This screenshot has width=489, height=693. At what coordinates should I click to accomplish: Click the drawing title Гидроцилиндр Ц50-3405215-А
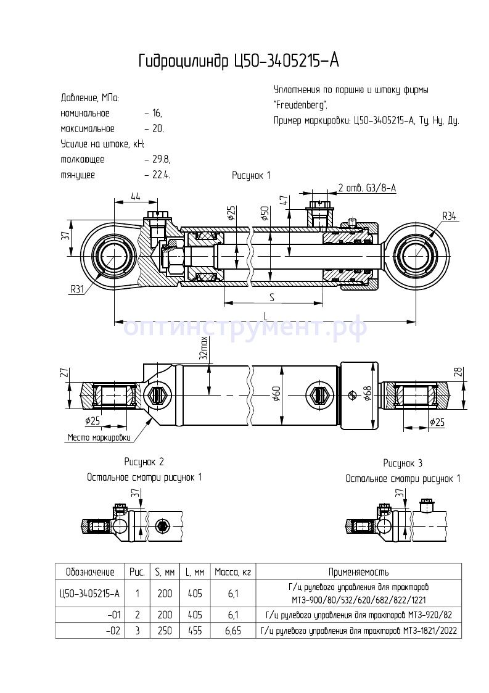[239, 61]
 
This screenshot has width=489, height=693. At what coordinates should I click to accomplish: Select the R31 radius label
[77, 288]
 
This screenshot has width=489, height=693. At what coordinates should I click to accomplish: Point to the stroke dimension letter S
[273, 297]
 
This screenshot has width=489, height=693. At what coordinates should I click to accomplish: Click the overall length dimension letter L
[265, 316]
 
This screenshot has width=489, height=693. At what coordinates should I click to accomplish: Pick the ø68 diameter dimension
[368, 393]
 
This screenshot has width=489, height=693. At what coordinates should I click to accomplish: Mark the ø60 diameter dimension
[277, 393]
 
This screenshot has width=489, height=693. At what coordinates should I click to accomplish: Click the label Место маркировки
[99, 438]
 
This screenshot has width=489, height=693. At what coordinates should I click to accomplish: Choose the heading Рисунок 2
[144, 462]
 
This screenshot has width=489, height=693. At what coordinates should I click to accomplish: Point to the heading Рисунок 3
[403, 463]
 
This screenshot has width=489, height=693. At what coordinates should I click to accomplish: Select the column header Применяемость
[358, 572]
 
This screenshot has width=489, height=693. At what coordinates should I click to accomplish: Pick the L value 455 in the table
[194, 631]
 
